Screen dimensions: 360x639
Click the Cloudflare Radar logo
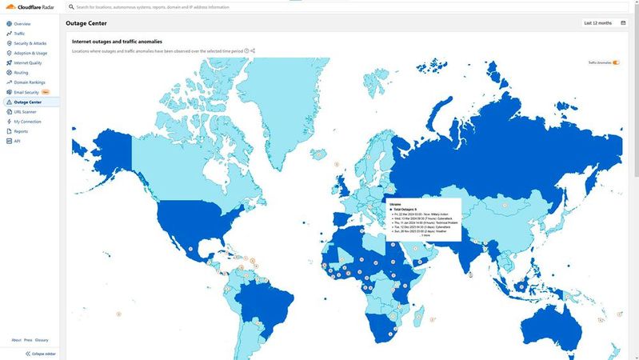point(30,7)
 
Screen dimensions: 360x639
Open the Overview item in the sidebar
point(22,24)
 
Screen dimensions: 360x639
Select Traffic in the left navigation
point(19,34)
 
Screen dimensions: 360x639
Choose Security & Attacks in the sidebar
point(30,43)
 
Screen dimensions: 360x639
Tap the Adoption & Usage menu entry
point(30,53)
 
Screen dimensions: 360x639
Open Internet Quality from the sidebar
point(27,62)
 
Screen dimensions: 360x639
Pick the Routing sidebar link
point(21,73)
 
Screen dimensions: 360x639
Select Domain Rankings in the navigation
point(29,82)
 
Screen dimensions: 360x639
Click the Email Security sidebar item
point(26,92)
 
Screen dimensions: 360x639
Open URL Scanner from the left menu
point(25,112)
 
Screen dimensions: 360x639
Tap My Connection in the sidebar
point(27,122)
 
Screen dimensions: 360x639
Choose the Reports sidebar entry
point(21,131)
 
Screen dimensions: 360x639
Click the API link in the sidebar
point(17,141)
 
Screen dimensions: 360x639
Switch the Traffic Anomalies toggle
point(616,62)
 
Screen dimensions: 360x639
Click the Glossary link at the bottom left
point(42,340)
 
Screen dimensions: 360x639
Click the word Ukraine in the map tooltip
point(395,204)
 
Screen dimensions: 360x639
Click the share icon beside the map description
point(253,50)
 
